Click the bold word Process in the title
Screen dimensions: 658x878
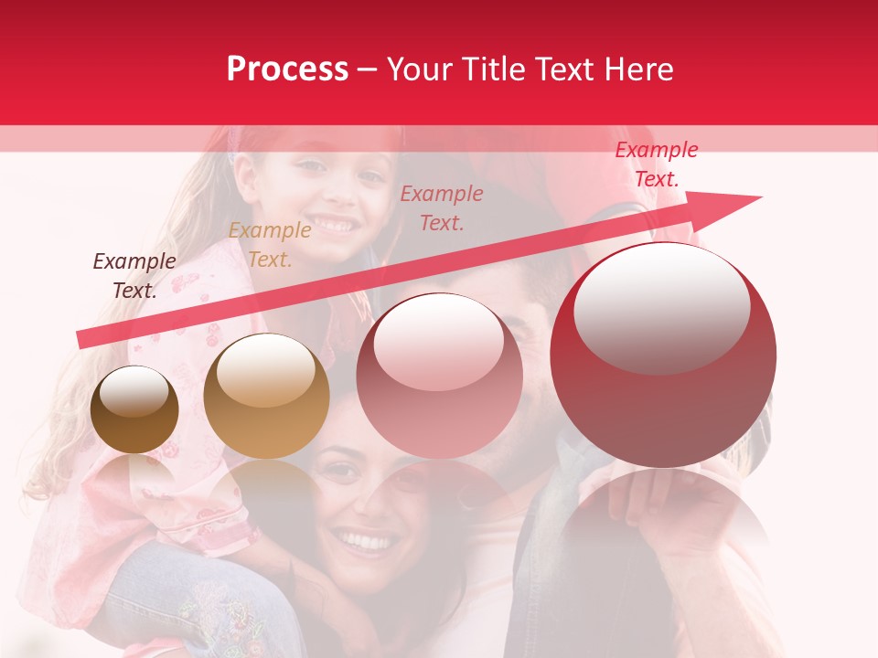coord(287,69)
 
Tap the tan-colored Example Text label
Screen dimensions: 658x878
coord(270,245)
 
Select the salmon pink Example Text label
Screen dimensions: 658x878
coord(442,207)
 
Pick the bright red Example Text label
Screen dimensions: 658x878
coord(657,164)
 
